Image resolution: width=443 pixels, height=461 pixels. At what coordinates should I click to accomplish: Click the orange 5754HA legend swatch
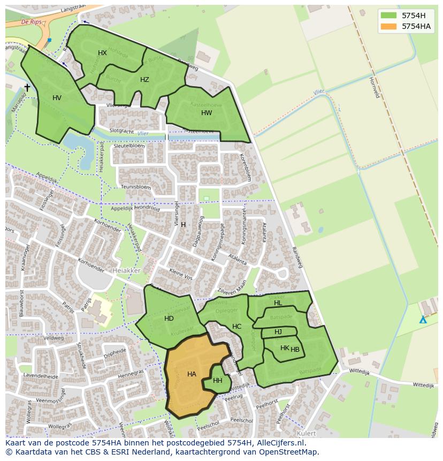point(388,26)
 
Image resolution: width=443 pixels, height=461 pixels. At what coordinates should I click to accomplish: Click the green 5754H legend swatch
point(388,16)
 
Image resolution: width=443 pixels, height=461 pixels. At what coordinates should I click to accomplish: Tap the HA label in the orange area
point(192,374)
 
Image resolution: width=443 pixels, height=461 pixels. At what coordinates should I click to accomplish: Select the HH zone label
point(218,381)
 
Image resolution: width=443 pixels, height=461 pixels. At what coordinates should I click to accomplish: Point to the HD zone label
point(169,319)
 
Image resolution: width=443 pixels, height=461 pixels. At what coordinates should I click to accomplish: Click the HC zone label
point(236,327)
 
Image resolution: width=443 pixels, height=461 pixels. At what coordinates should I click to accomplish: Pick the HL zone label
point(278,303)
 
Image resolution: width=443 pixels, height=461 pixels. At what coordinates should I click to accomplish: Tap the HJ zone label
point(278,332)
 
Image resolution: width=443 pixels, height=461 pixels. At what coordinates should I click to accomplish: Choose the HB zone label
point(295,350)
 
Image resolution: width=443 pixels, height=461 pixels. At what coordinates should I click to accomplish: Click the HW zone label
point(207,113)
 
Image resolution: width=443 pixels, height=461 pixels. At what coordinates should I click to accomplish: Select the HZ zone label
point(144,80)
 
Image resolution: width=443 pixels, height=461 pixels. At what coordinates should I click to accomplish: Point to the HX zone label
point(102,53)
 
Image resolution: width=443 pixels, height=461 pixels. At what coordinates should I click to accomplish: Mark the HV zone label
point(57,98)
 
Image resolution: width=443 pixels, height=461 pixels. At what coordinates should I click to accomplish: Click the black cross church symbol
point(27,87)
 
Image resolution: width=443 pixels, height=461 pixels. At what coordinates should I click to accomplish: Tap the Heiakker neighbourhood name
point(127,271)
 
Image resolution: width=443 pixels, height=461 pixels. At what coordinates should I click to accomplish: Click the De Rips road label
point(32,22)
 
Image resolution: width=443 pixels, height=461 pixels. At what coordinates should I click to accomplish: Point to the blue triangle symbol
point(423,320)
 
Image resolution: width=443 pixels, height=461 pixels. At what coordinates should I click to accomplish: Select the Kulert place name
point(306,433)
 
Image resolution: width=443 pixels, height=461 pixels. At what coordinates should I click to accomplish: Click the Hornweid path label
point(374,87)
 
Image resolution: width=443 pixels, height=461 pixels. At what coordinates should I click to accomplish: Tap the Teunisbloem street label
point(136,187)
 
